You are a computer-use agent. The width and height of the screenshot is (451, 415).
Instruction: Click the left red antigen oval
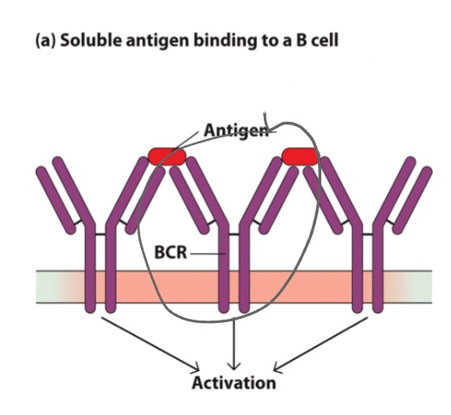pyautogui.click(x=168, y=156)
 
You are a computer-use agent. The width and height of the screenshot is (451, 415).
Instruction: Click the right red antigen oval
pyautogui.click(x=300, y=156)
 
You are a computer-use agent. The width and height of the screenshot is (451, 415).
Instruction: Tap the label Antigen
pyautogui.click(x=229, y=130)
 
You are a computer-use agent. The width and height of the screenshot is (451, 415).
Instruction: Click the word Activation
pyautogui.click(x=234, y=382)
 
